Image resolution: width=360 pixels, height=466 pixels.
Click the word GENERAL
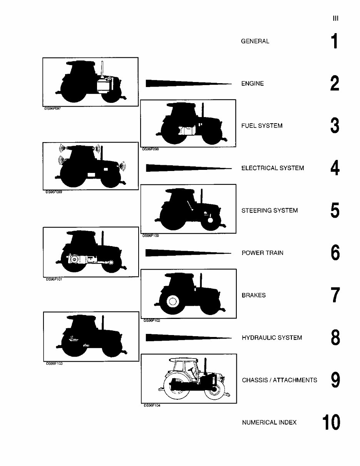(x=255, y=41)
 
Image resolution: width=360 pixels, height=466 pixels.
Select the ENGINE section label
(x=252, y=84)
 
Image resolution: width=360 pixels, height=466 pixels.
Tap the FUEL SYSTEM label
(x=262, y=126)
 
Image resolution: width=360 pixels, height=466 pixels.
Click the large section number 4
(x=335, y=168)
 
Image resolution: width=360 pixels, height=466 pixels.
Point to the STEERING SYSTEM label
(x=270, y=211)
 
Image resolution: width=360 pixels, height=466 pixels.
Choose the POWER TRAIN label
(x=262, y=253)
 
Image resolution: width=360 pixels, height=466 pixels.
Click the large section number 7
(x=335, y=295)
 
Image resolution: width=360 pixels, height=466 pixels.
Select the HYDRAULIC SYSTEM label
(x=272, y=338)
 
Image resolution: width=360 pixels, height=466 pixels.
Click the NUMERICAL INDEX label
(x=269, y=422)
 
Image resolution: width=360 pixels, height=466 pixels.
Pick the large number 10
(x=331, y=422)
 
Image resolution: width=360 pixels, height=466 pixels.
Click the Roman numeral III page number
(x=335, y=18)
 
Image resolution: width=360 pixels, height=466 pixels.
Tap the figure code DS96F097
(x=53, y=109)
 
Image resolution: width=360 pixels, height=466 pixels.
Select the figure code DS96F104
(x=152, y=405)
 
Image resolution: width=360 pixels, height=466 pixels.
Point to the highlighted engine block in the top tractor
(x=104, y=85)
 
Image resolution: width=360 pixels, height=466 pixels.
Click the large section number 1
(x=335, y=41)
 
